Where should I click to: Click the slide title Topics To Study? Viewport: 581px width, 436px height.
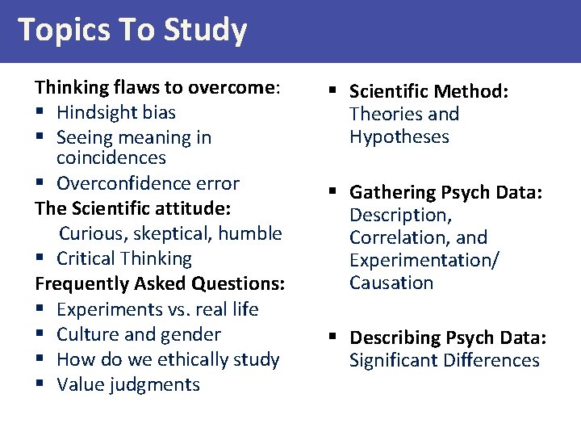tap(132, 30)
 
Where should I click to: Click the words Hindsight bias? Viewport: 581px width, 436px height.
tap(116, 112)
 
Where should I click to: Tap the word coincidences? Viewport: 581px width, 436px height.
tap(111, 157)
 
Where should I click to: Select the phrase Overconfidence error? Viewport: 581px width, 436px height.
tap(148, 183)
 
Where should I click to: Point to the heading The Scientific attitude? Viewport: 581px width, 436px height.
tap(133, 208)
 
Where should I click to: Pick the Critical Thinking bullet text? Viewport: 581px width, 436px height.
tap(124, 258)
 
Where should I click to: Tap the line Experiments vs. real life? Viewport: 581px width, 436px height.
tap(157, 309)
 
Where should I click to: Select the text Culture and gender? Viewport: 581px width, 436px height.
tap(139, 334)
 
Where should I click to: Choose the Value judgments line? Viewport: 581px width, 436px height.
tap(128, 384)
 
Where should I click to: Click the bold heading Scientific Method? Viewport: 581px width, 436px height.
tap(428, 92)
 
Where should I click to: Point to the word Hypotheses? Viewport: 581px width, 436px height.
tap(399, 136)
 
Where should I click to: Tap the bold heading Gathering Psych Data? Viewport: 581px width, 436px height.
tap(446, 192)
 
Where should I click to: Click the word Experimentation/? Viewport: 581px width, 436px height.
tap(424, 260)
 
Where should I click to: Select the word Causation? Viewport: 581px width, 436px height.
tap(391, 283)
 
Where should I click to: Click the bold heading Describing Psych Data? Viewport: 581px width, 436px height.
tap(448, 337)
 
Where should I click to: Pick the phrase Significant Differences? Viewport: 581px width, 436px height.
tap(445, 360)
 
